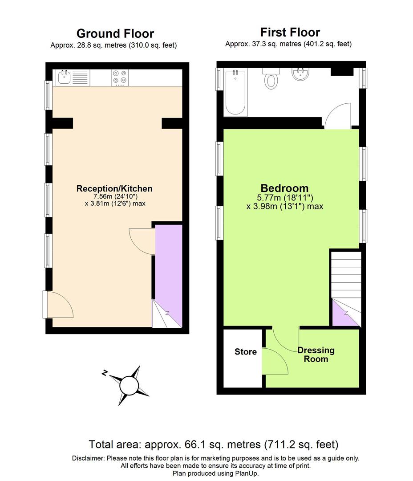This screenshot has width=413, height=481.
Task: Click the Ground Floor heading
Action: point(115,34)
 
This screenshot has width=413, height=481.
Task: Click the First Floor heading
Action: point(290,33)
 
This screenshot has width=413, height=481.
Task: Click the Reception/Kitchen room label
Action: point(114,189)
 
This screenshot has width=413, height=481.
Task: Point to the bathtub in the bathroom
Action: point(235,92)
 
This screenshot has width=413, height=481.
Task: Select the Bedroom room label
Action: point(284,188)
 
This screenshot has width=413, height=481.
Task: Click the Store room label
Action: point(246,352)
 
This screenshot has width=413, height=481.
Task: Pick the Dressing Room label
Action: point(316,355)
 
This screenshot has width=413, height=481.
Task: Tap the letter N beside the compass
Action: point(104,373)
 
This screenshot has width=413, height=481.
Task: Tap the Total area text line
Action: point(214,444)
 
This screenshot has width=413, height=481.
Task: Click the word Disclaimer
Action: point(89,458)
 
